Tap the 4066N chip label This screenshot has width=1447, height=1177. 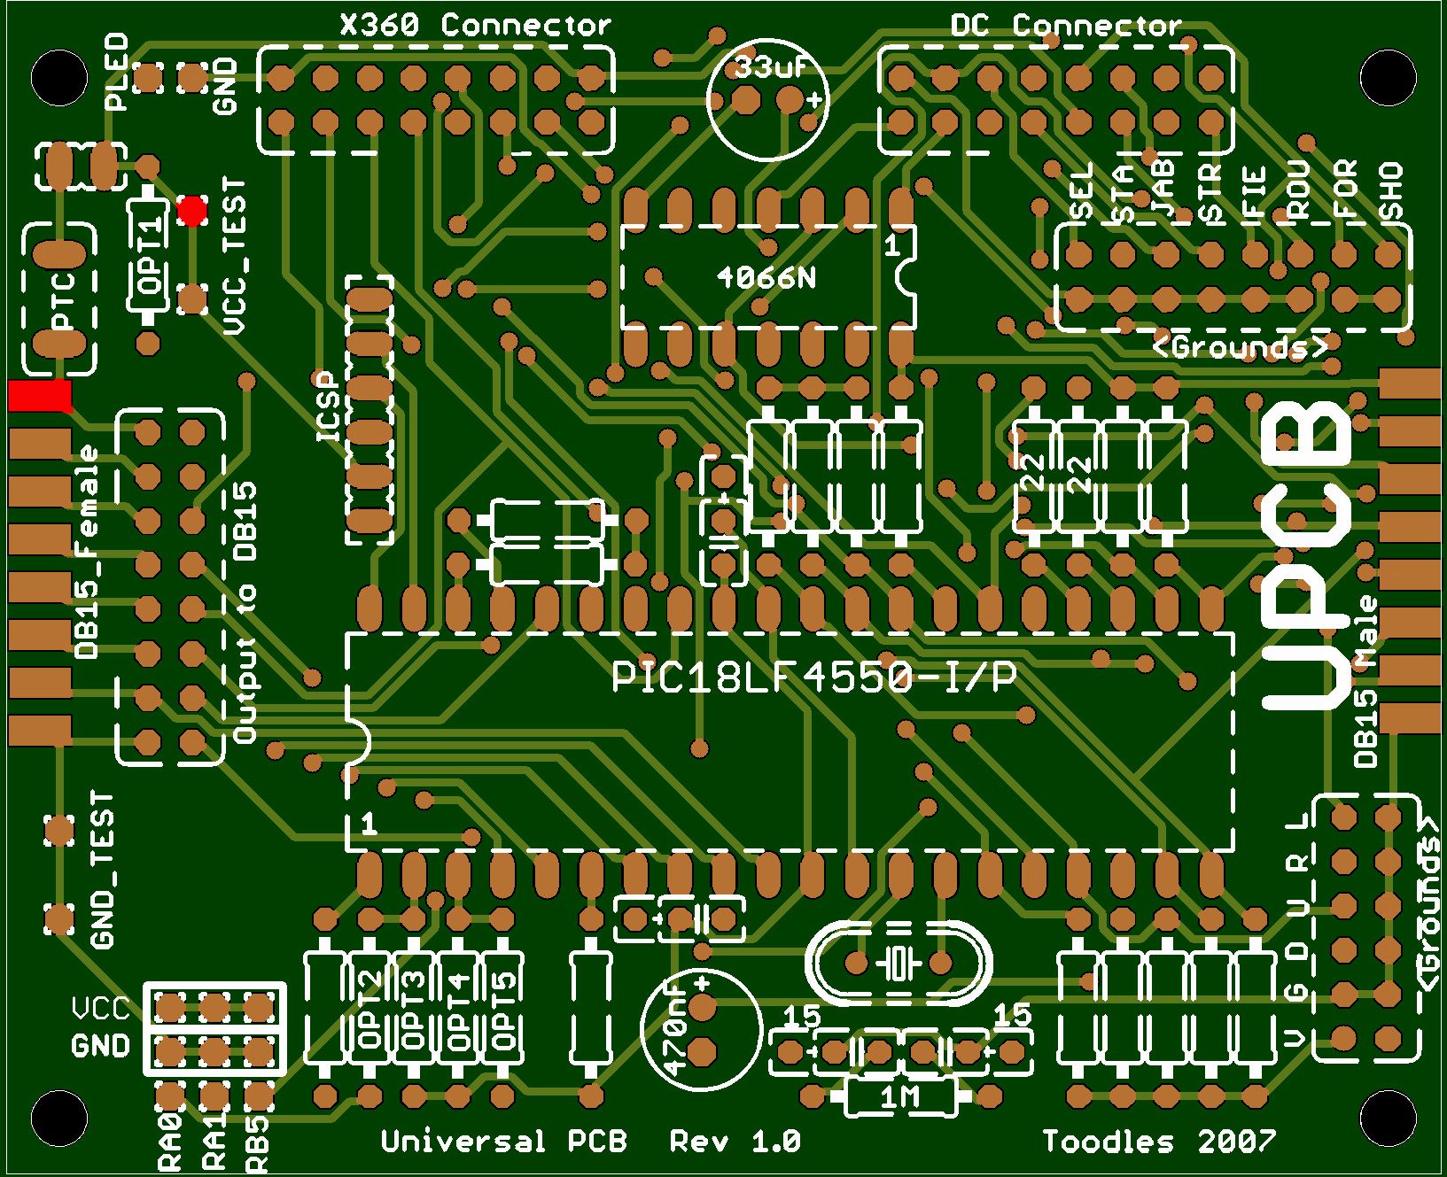click(767, 278)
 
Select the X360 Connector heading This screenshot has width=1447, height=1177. click(476, 25)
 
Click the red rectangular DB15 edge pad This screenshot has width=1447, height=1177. click(40, 395)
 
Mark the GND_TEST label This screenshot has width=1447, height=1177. click(104, 871)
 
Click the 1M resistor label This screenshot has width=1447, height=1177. click(900, 1099)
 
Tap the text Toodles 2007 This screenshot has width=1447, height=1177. click(1159, 1141)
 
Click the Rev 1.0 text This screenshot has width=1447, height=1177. click(735, 1141)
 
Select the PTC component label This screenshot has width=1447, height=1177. click(62, 298)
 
